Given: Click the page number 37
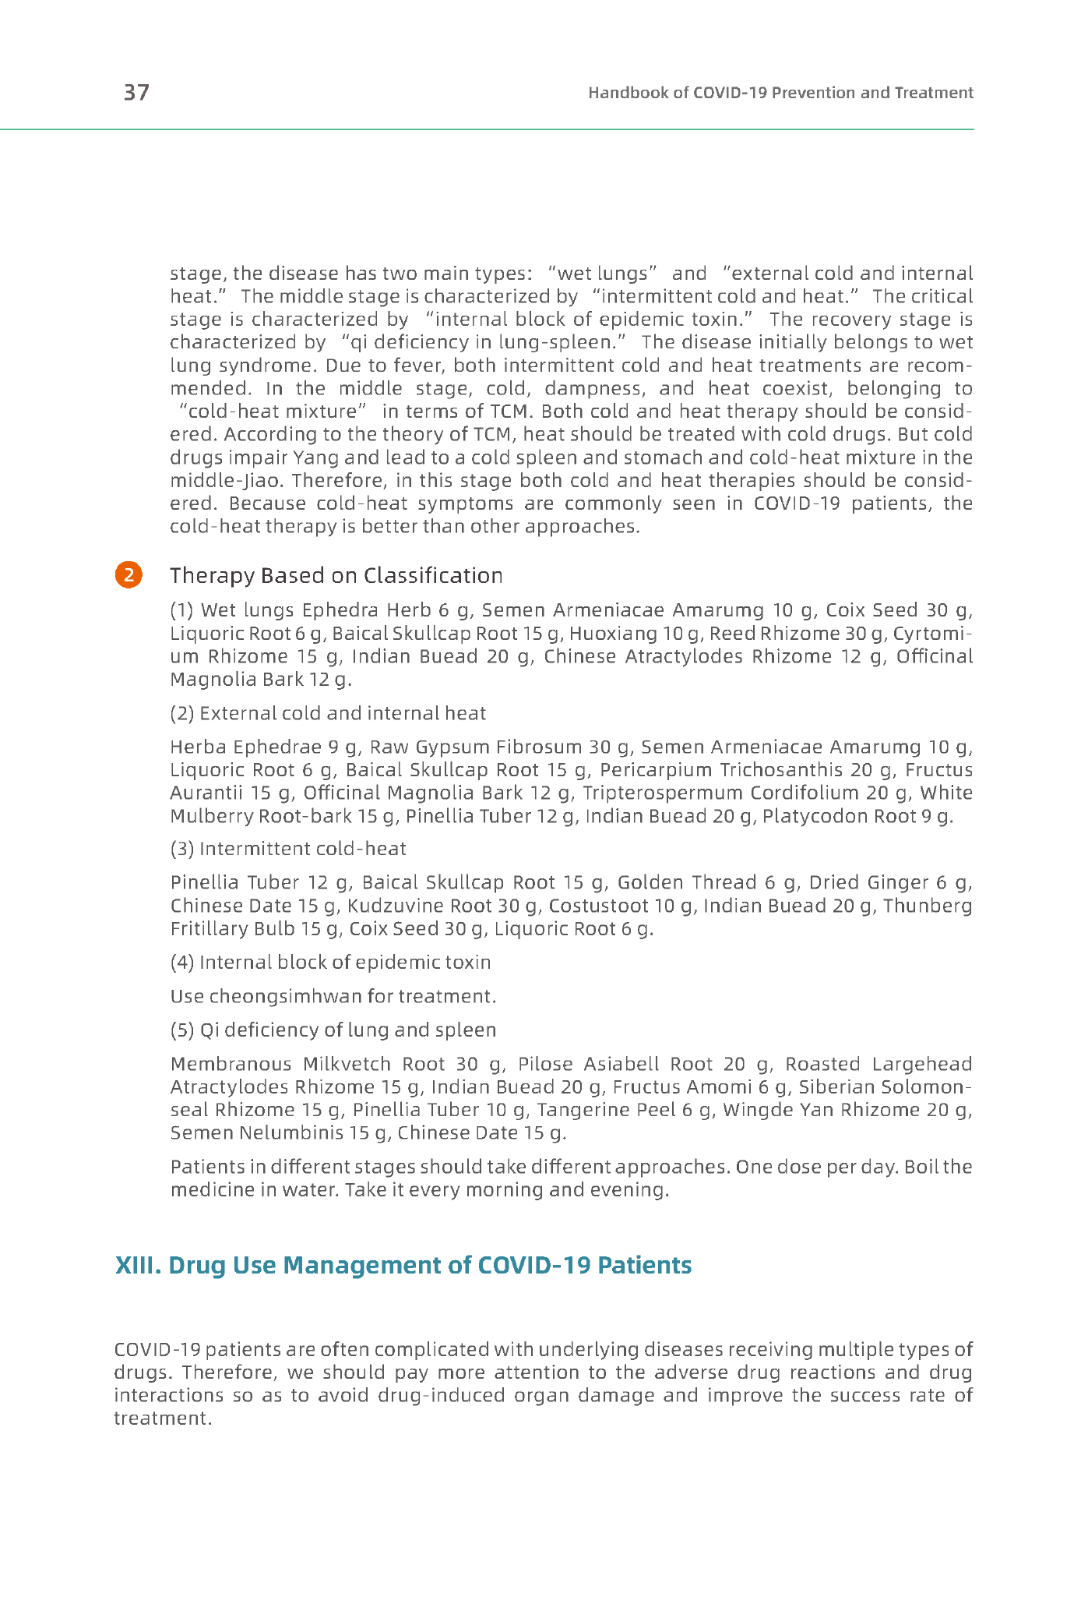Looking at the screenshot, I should pyautogui.click(x=136, y=93).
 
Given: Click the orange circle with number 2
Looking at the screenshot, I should pyautogui.click(x=129, y=574).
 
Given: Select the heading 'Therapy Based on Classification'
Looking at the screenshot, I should pyautogui.click(x=336, y=575).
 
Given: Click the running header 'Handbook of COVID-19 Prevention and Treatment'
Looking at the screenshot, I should pyautogui.click(x=780, y=93).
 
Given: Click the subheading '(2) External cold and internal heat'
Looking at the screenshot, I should pyautogui.click(x=328, y=713).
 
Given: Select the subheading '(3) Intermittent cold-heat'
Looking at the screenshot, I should pyautogui.click(x=288, y=848).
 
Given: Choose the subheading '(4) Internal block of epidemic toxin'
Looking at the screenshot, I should pyautogui.click(x=330, y=962).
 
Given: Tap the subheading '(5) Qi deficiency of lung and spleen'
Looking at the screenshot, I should pyautogui.click(x=333, y=1030).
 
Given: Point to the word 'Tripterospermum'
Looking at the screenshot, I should pyautogui.click(x=663, y=793).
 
